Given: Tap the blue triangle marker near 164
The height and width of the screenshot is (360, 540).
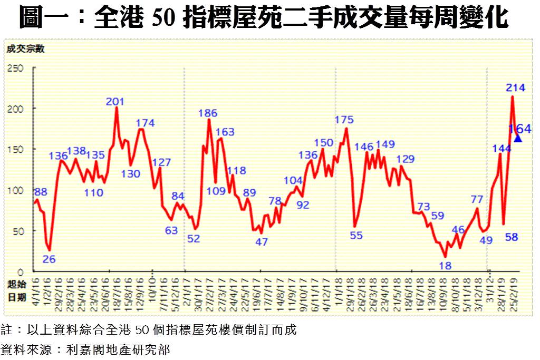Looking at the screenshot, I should click(518, 138).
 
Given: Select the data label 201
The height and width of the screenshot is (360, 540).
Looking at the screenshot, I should click(115, 102).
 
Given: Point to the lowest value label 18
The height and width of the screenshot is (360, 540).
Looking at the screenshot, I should click(446, 266).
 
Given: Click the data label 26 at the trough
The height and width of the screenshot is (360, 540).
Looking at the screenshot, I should click(49, 259).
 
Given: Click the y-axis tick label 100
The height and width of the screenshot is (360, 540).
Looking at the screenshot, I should click(15, 190).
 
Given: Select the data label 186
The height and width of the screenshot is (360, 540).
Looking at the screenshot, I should click(208, 113).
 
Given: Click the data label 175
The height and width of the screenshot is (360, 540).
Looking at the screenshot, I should click(344, 120).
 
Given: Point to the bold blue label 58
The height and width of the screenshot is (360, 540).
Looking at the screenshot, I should click(512, 237).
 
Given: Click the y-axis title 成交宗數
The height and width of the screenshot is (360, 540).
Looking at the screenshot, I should click(25, 50).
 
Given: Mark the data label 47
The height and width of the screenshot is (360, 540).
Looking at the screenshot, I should click(262, 242).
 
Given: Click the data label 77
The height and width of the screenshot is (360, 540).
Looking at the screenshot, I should click(477, 199).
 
